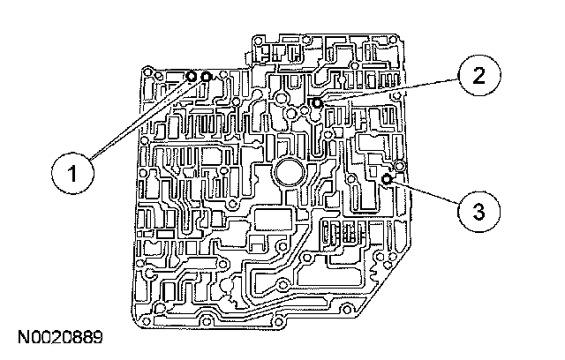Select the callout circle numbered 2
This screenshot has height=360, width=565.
477,76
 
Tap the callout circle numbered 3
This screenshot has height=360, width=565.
478,212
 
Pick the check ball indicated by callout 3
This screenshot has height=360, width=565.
388,179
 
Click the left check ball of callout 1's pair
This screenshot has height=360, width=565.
192,78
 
